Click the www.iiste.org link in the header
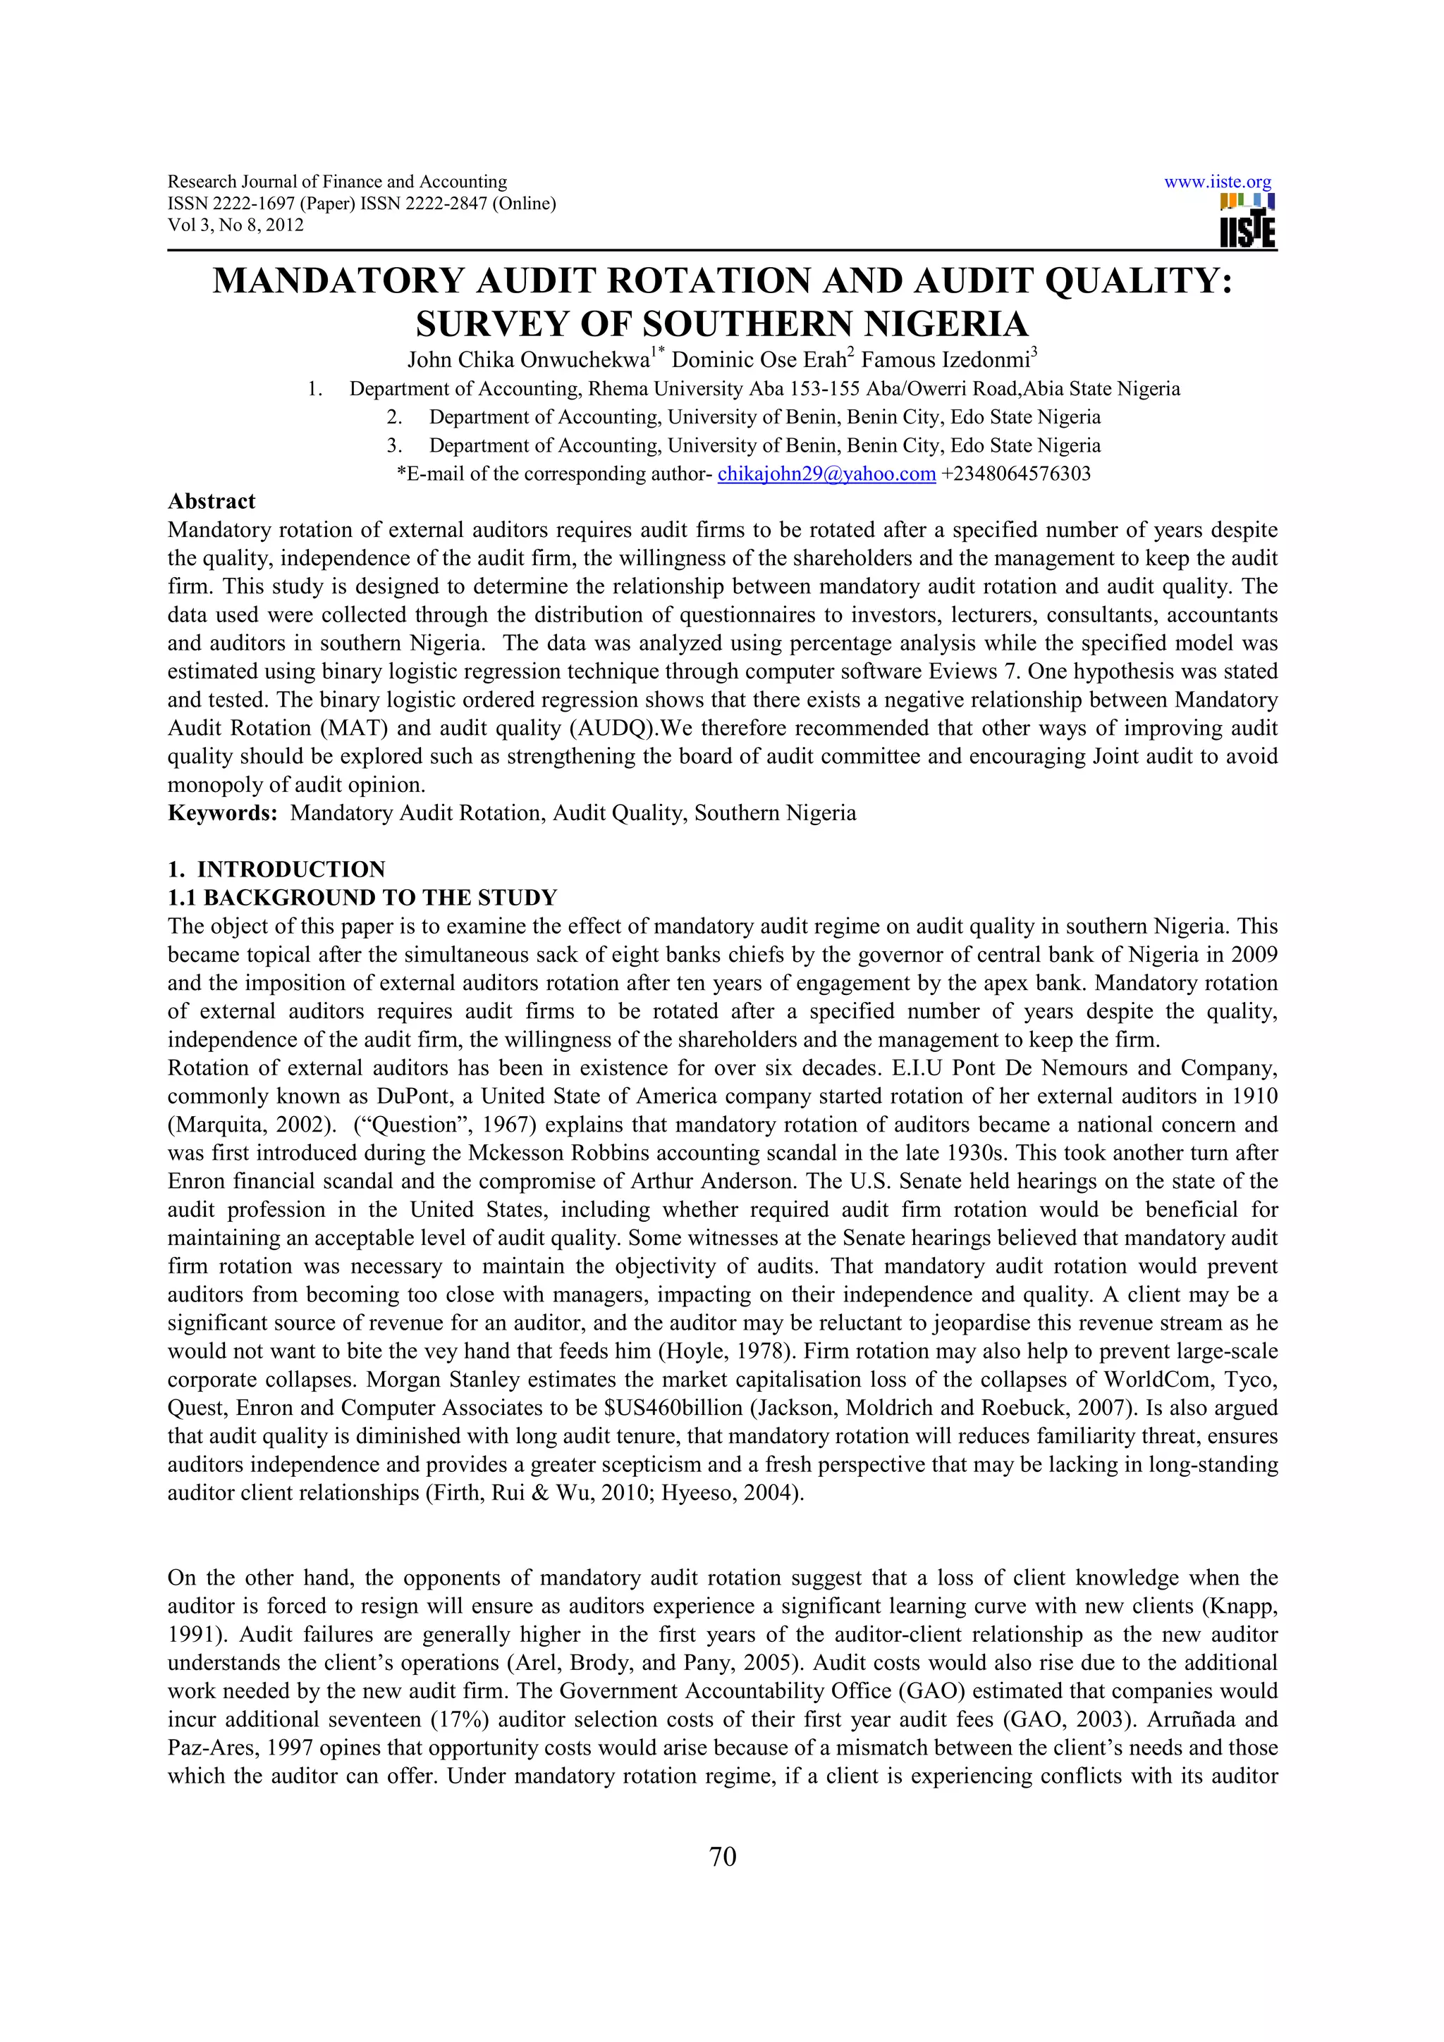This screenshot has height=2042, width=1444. click(1217, 182)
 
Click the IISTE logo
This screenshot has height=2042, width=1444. click(1247, 221)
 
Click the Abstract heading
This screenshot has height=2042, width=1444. click(212, 502)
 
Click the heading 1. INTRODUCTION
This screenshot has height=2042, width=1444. click(276, 869)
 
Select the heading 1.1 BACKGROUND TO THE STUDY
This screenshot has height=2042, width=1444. click(362, 898)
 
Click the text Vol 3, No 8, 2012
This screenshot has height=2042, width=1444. click(235, 225)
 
